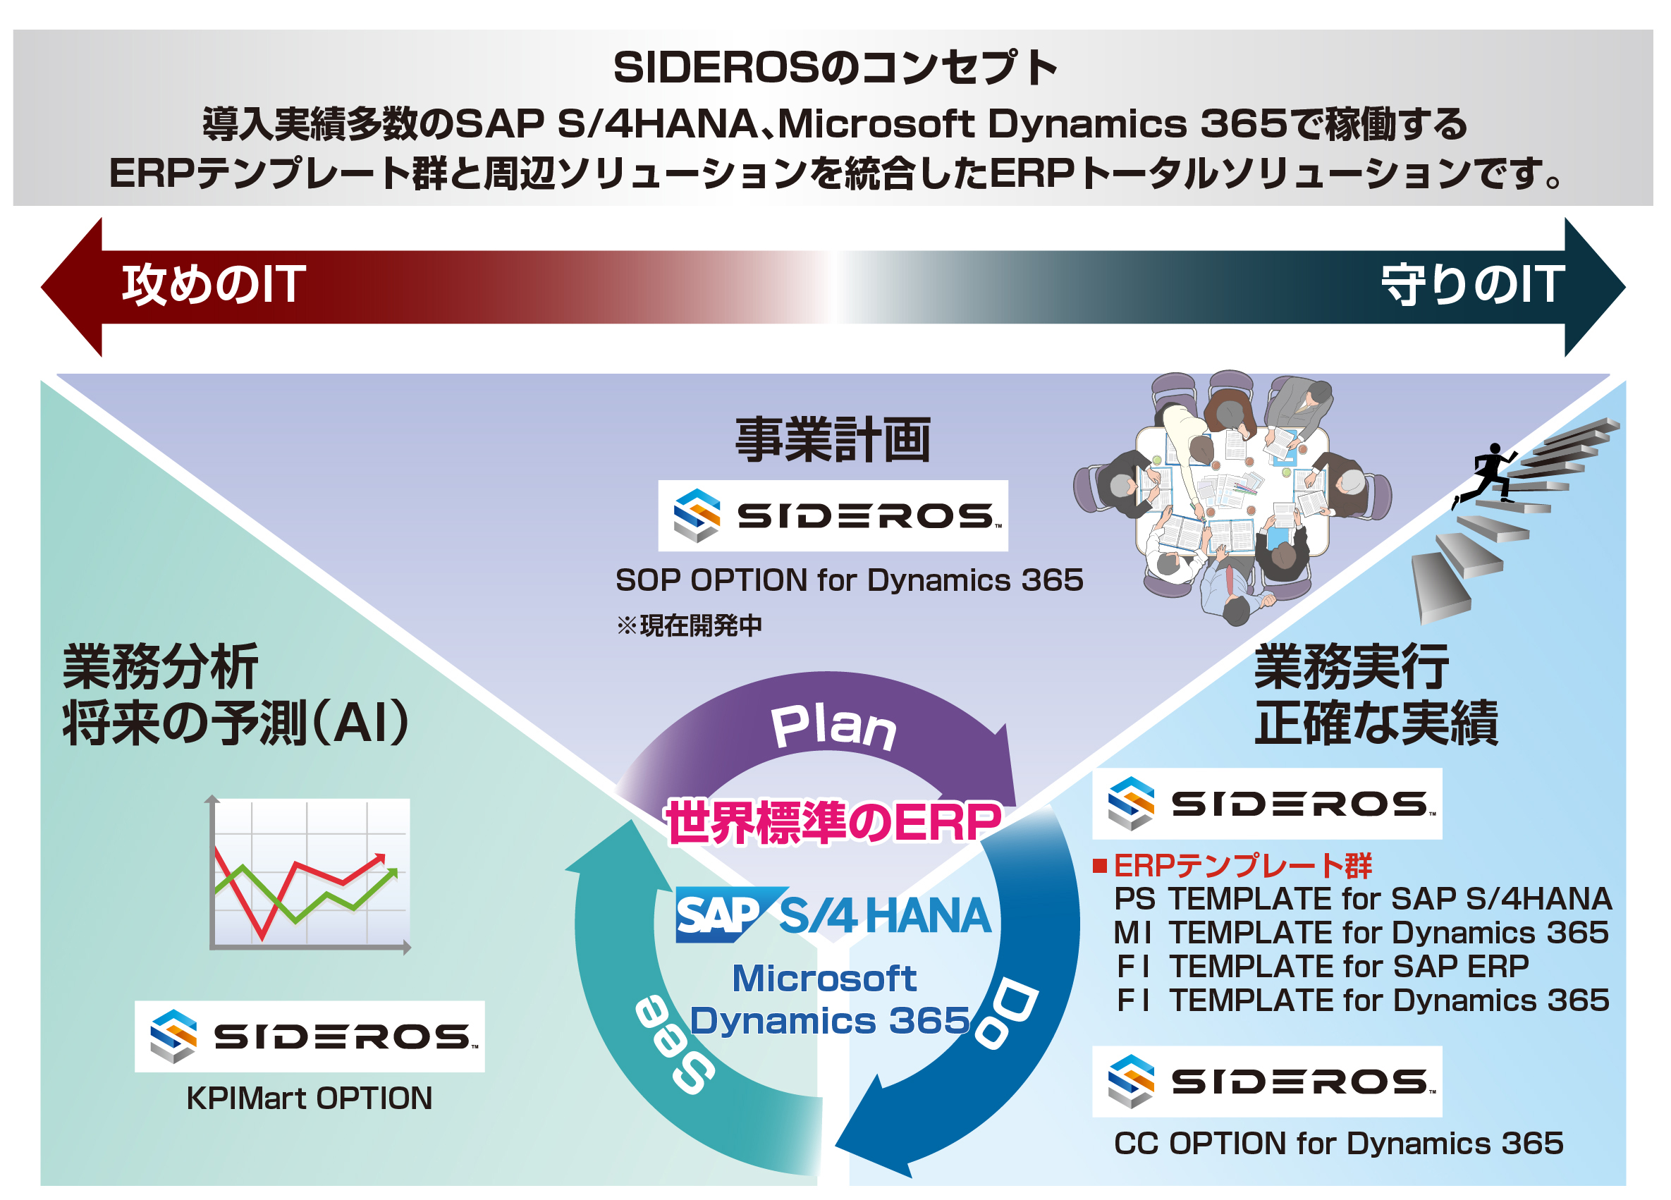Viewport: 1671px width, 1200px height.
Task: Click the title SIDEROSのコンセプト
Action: click(x=835, y=68)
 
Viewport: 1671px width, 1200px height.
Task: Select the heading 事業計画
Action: click(x=833, y=440)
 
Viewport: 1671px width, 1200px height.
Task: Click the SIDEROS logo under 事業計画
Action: click(x=833, y=515)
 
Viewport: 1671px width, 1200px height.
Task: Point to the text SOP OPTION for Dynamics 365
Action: click(x=850, y=580)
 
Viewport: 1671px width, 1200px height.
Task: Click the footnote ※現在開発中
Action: click(x=690, y=625)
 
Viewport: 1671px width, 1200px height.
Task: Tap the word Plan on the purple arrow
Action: click(x=833, y=728)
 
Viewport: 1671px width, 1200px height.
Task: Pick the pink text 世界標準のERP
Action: click(x=833, y=822)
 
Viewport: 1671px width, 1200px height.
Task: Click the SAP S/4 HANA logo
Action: click(x=833, y=915)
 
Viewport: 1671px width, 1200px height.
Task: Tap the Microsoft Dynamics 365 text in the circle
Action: click(x=829, y=1000)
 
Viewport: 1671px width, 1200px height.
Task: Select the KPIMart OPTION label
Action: click(x=310, y=1098)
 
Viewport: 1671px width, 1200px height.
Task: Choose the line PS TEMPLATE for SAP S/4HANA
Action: click(x=1363, y=899)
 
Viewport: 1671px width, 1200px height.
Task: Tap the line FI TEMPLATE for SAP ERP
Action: click(x=1323, y=967)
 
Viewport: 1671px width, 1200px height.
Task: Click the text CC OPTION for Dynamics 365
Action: click(x=1339, y=1144)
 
